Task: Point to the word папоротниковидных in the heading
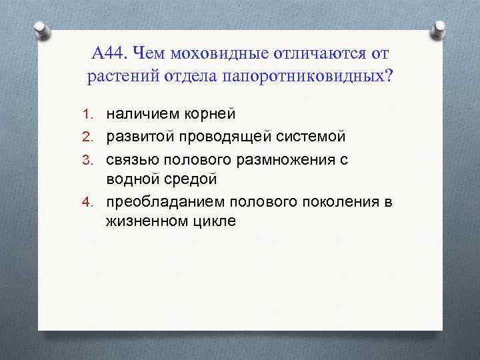[x=307, y=76]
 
